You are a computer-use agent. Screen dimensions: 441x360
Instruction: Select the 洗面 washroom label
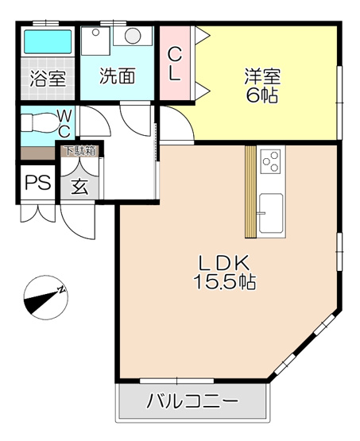[116, 77]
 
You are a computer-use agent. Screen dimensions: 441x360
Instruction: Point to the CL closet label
[176, 65]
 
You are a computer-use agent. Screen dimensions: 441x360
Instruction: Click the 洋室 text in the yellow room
[263, 77]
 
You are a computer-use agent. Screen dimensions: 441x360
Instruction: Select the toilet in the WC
[38, 124]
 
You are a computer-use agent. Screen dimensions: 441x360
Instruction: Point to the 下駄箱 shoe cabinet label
[79, 149]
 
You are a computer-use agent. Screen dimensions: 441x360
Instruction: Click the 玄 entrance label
[79, 188]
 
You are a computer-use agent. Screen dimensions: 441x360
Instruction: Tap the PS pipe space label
[37, 183]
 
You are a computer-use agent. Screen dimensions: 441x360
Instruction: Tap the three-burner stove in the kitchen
[270, 162]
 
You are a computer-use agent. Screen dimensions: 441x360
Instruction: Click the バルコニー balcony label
[193, 402]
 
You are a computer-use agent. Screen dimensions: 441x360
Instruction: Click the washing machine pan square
[96, 37]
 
